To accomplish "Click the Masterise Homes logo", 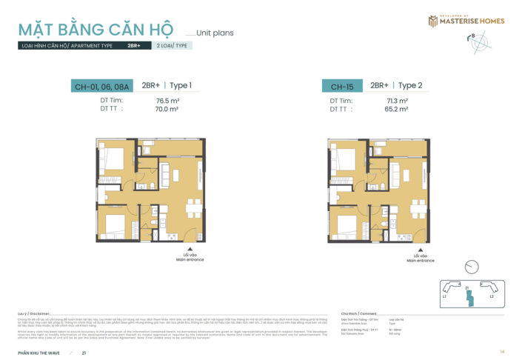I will click(466, 20).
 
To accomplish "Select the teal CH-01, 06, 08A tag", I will click(101, 87).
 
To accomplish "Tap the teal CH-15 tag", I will click(341, 87).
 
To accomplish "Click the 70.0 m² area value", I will click(167, 109).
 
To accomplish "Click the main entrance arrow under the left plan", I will click(190, 249).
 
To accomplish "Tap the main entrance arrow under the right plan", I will click(419, 249).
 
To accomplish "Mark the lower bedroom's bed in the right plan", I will click(345, 222).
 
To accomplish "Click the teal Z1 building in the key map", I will click(467, 297).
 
